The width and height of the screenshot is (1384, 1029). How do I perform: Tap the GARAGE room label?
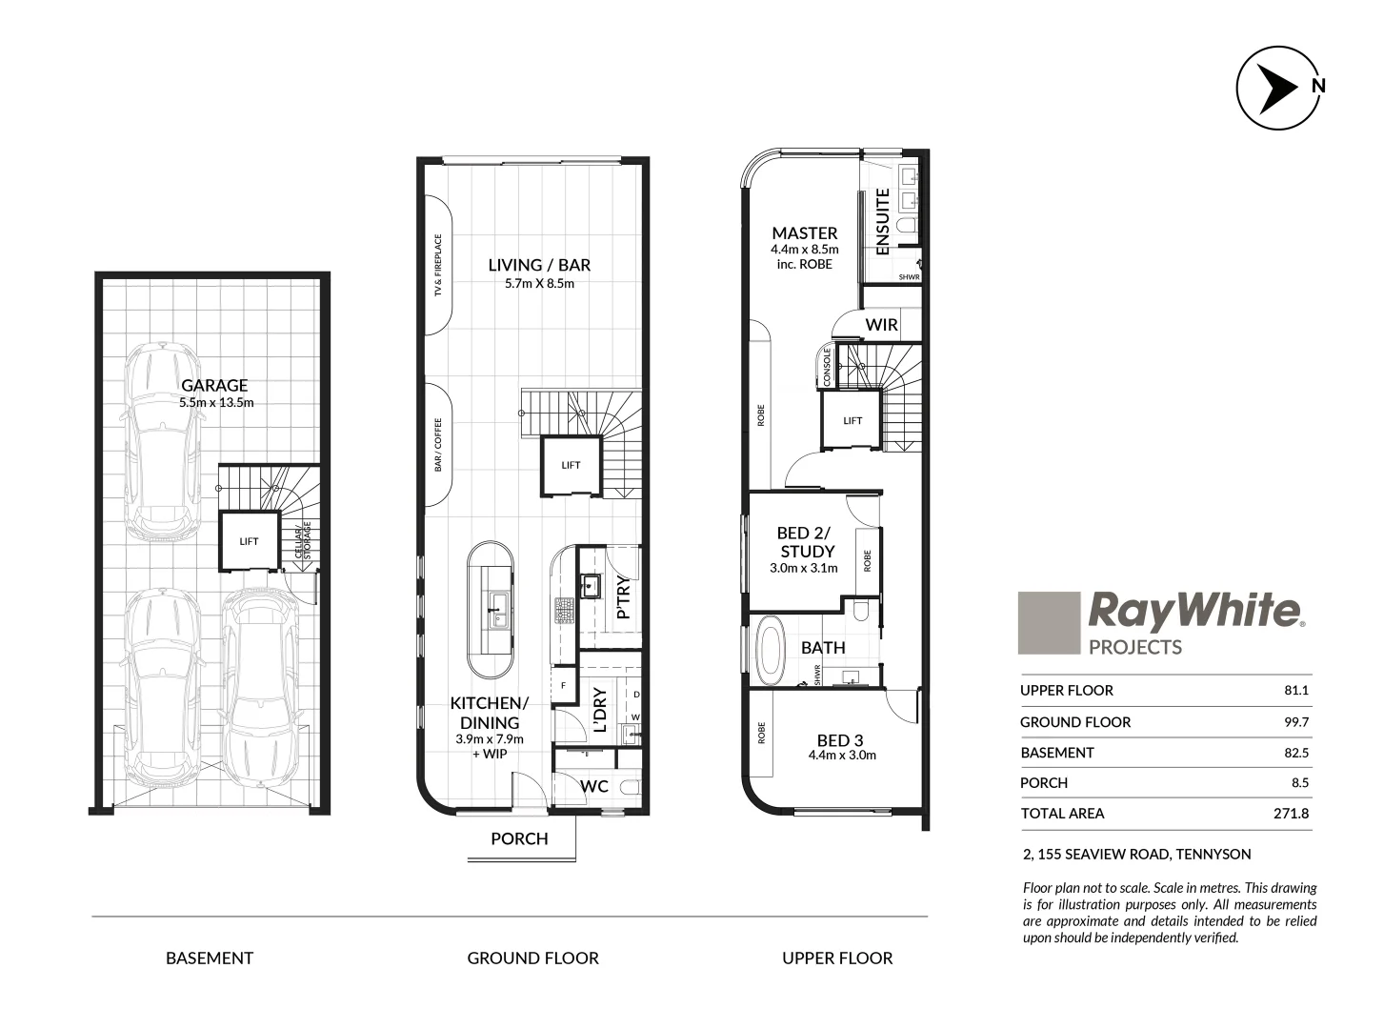click(214, 385)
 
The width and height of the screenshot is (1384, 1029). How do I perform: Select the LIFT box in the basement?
click(249, 541)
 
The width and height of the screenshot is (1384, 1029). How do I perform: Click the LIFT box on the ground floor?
click(571, 465)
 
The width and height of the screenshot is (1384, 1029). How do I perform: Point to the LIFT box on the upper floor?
click(852, 420)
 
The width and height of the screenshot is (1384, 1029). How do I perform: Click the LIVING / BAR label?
click(539, 265)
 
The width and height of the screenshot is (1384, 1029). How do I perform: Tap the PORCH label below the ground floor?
click(519, 838)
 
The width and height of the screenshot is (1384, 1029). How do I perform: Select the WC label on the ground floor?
click(594, 787)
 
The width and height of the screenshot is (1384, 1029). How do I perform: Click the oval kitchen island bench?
click(491, 611)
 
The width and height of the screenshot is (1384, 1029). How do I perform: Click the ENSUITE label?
click(882, 221)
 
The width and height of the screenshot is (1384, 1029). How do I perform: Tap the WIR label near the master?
click(881, 325)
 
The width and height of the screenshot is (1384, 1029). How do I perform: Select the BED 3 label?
click(839, 740)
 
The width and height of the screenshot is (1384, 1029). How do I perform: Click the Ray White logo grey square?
click(1049, 623)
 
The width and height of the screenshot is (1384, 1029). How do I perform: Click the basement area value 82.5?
click(1296, 753)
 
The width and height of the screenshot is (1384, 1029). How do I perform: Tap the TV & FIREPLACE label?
click(439, 266)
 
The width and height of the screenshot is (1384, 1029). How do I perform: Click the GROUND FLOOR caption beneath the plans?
click(532, 958)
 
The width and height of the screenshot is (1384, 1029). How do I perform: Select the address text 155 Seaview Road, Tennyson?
click(1135, 855)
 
